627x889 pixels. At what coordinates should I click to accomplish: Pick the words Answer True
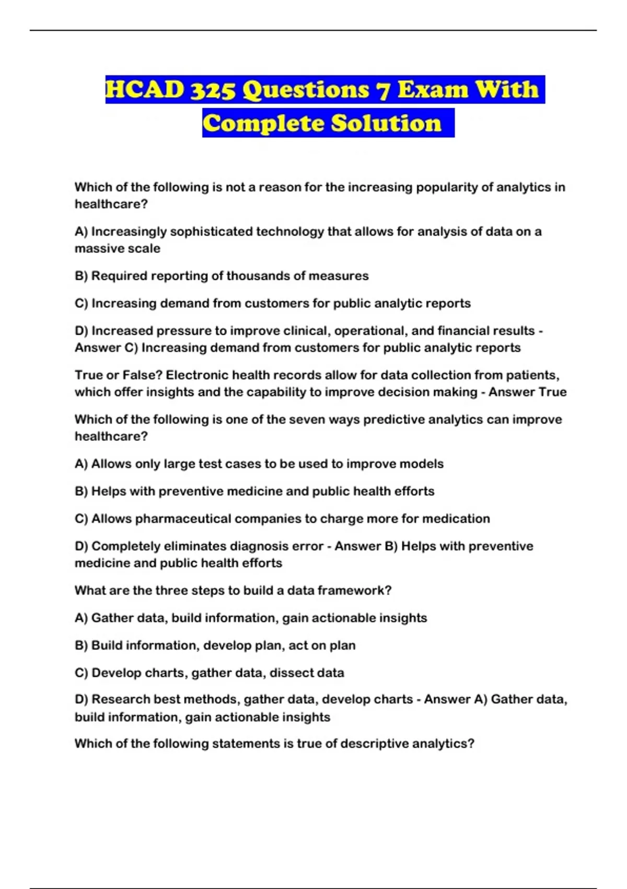[527, 392]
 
